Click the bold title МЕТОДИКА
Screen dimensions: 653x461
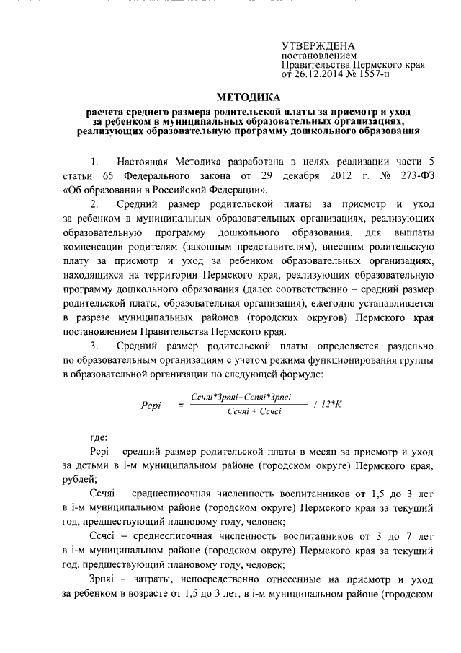point(249,97)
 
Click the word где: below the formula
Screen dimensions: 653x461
point(97,437)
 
